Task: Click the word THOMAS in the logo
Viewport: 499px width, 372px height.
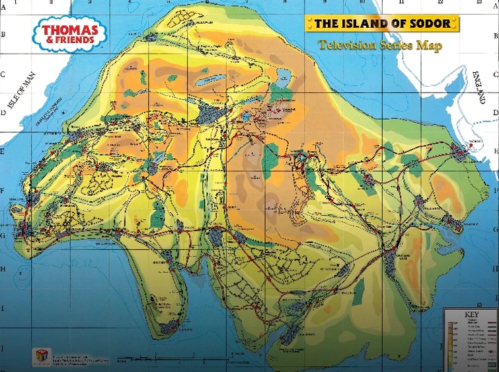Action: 70,29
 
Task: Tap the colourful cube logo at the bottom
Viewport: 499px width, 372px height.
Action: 42,355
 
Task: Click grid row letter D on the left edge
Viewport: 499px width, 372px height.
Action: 3,113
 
